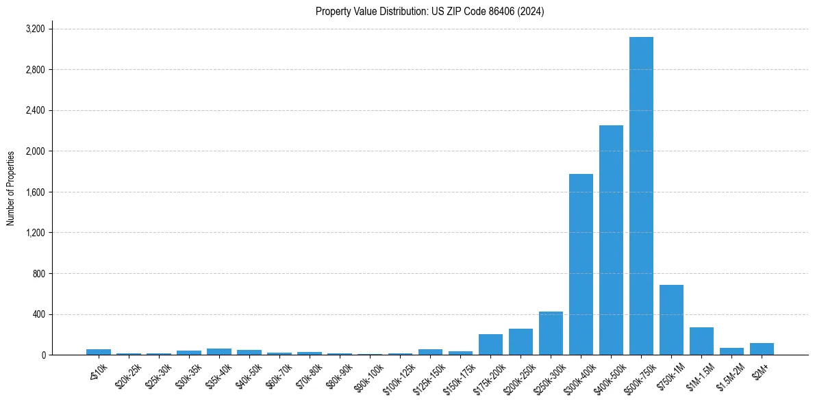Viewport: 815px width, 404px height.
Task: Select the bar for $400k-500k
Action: [x=611, y=240]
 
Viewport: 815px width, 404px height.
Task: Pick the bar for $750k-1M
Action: [x=671, y=320]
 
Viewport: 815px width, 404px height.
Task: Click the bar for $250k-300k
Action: [x=551, y=333]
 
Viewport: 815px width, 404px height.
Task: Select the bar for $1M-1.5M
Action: [x=701, y=341]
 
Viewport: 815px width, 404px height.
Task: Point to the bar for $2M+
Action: [x=762, y=349]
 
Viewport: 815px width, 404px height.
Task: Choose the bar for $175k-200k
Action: [x=490, y=344]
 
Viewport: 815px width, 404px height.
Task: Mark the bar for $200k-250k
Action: [x=521, y=342]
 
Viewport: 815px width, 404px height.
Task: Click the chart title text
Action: [x=430, y=12]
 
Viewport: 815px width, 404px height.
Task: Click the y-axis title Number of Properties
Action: [x=11, y=188]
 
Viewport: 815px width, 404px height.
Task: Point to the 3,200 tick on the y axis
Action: [x=35, y=29]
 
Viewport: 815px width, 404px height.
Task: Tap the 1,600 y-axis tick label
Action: [x=35, y=192]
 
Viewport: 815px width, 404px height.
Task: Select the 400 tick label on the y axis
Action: [x=38, y=314]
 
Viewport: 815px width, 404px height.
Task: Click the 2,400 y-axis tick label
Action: [x=35, y=110]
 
